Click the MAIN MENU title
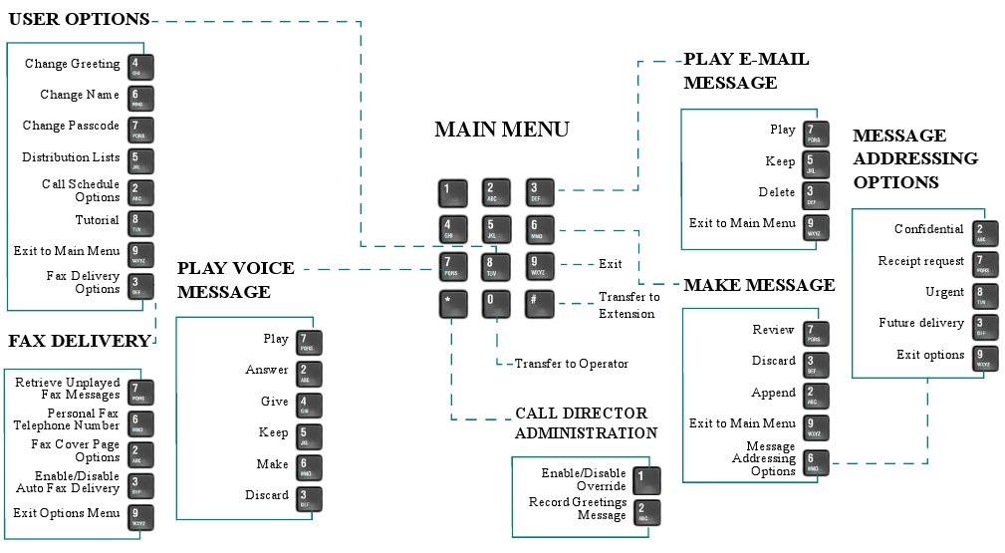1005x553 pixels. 501,130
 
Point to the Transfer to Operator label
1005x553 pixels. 571,364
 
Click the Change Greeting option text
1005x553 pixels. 73,65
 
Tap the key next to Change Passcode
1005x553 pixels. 141,129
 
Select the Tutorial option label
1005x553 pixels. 98,220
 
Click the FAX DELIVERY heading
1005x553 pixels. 79,341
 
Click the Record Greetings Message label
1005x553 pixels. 578,509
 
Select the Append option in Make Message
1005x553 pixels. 774,393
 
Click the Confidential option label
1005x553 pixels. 929,229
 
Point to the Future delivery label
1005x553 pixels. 921,323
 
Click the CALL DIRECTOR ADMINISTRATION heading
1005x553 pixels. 586,422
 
